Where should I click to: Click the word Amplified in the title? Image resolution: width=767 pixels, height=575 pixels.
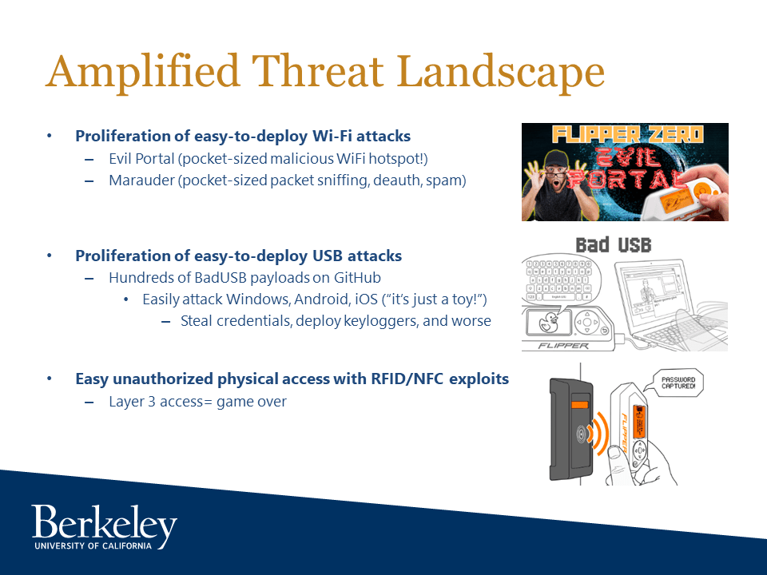(x=143, y=73)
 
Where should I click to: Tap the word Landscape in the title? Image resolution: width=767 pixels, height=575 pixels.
(x=500, y=73)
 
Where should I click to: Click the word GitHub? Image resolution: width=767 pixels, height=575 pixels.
(x=357, y=277)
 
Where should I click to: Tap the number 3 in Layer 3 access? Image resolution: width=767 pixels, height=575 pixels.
(x=152, y=402)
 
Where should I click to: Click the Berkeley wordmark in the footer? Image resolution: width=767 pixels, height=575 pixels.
(x=104, y=523)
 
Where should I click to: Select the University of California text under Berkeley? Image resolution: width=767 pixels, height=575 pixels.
(x=93, y=545)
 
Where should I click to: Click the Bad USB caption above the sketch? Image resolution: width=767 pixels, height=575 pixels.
(x=614, y=245)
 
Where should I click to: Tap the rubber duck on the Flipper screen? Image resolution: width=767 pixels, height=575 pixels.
(x=548, y=323)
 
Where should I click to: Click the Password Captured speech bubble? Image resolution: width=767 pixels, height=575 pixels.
(x=678, y=383)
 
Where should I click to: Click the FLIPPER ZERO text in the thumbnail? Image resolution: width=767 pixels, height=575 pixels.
(x=628, y=134)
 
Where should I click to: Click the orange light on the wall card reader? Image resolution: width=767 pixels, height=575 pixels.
(x=579, y=404)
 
